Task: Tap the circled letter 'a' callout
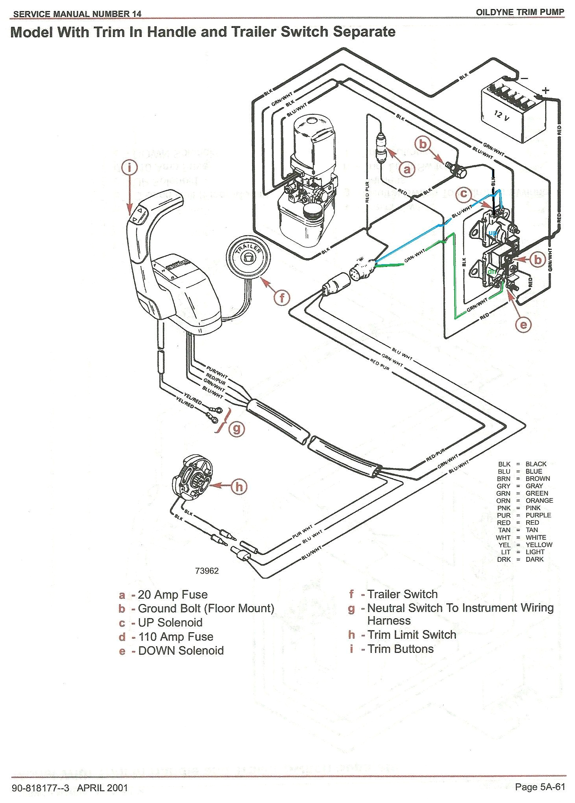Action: click(407, 169)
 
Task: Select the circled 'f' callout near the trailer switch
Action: click(282, 298)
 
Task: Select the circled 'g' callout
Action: click(237, 428)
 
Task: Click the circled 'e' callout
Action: click(523, 324)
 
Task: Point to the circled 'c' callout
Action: click(464, 194)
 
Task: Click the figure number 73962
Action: click(207, 571)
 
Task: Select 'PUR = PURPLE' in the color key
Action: click(523, 515)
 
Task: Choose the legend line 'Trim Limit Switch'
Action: click(412, 634)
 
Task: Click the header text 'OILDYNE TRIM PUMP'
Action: click(520, 12)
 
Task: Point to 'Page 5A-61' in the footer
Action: click(540, 786)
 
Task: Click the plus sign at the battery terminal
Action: click(545, 90)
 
